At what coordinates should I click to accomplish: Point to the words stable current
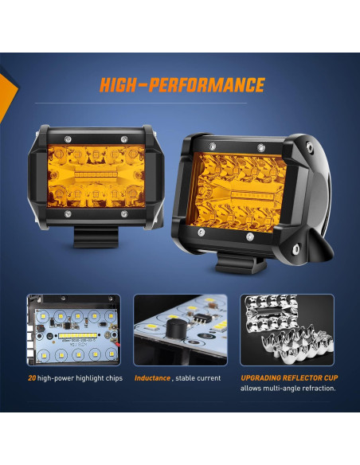tap(200, 377)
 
